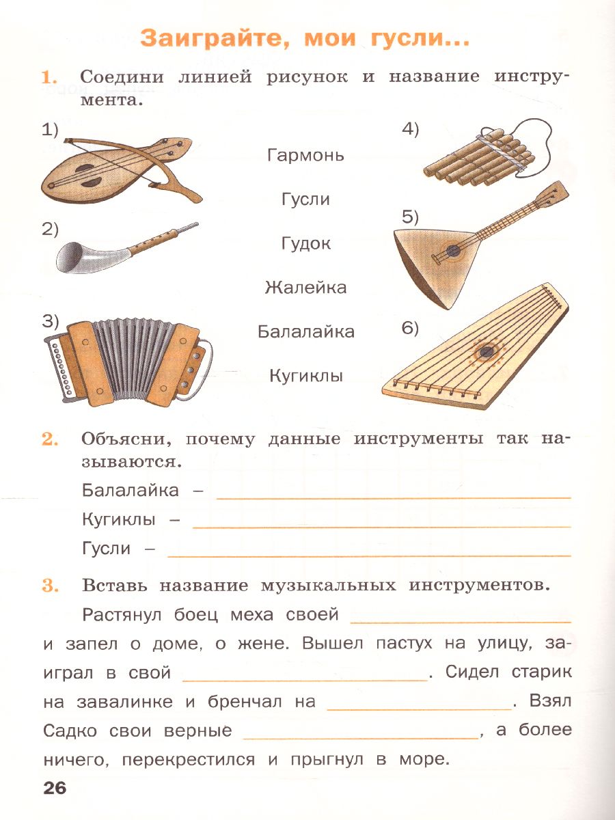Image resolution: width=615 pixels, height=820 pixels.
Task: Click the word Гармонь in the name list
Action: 305,155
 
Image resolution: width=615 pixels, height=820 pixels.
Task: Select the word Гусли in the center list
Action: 305,200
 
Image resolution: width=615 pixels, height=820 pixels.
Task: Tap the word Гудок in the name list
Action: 305,244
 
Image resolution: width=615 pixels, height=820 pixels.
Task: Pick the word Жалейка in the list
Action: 305,288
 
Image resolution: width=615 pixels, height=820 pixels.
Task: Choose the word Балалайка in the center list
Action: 305,332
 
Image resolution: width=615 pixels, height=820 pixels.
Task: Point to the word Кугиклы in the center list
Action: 305,376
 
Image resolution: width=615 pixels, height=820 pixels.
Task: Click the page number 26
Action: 55,788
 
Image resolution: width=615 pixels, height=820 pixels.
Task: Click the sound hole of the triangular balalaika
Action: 454,251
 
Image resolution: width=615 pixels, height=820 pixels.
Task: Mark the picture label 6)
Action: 409,329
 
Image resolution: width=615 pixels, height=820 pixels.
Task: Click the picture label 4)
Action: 409,130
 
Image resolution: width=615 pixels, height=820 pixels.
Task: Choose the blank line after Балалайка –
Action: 393,497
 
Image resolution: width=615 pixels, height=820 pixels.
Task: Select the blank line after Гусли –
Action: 369,556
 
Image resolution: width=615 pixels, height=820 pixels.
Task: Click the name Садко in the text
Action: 70,730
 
